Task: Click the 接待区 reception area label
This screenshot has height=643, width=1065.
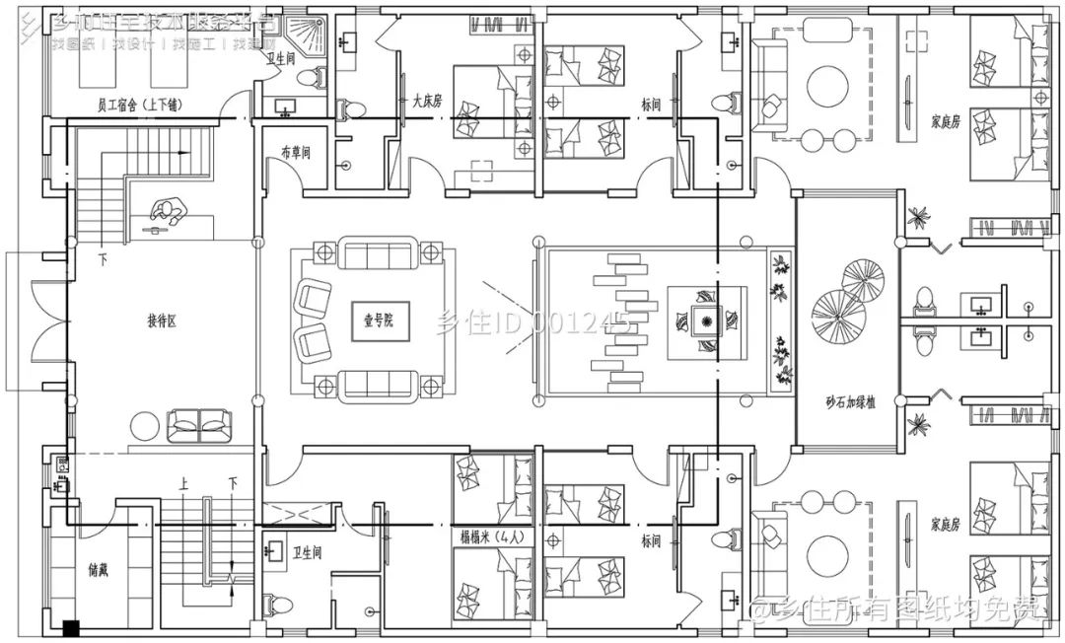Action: point(161,321)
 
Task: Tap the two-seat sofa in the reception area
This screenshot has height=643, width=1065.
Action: point(200,425)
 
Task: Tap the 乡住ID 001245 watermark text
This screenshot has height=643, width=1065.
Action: point(532,322)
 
